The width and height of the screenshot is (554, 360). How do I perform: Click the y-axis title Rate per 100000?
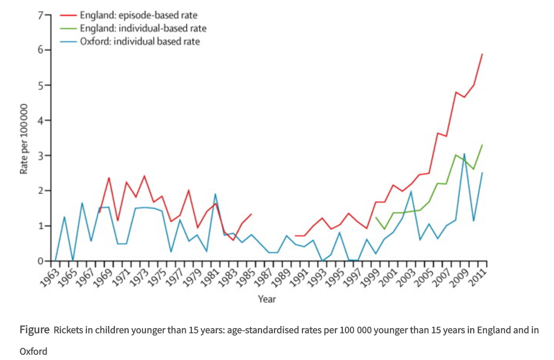(x=24, y=139)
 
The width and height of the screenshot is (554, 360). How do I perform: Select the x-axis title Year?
(x=267, y=299)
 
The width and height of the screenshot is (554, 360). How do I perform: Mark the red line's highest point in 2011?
(x=482, y=54)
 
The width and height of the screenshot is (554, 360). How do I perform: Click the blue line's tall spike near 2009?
(x=464, y=154)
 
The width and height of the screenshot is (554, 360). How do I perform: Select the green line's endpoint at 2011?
(x=482, y=145)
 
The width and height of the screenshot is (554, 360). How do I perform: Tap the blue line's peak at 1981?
(x=215, y=194)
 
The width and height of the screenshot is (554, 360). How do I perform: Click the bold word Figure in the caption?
(x=34, y=330)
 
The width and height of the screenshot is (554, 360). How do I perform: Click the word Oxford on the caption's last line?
(x=33, y=351)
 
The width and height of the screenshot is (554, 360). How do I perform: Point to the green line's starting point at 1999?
(x=376, y=217)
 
